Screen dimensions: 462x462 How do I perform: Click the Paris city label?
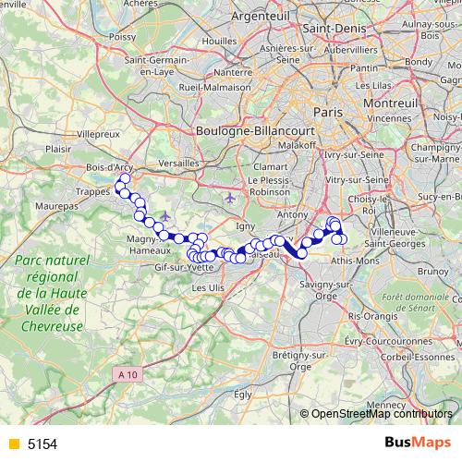coord(327,111)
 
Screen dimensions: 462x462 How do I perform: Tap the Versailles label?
coord(179,162)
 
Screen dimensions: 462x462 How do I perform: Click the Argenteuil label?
coord(260,18)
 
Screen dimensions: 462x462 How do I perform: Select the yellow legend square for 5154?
coord(13,444)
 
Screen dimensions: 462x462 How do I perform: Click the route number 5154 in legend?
coord(43,444)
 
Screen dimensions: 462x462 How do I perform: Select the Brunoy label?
coord(432,272)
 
